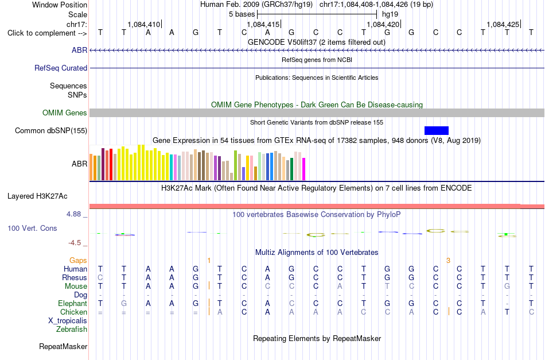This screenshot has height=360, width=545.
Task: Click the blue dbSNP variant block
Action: coord(437,130)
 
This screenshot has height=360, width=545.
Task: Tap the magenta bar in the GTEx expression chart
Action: coord(304,169)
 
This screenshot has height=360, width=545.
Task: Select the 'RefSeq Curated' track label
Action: coord(61,68)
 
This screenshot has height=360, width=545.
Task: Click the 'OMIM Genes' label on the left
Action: coord(65,113)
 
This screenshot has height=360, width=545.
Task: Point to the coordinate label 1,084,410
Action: coord(144,24)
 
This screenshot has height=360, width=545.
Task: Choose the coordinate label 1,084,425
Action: coord(503,24)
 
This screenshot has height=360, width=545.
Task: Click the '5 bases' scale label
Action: coord(242,14)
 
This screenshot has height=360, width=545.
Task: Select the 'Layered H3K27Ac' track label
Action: coord(37,196)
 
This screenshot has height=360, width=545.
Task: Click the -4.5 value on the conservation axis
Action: coord(75,243)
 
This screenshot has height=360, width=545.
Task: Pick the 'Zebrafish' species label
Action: coord(72,329)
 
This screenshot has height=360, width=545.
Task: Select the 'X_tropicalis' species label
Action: coord(68,321)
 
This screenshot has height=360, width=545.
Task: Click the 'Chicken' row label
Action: coord(73,312)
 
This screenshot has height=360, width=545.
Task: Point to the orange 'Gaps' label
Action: coord(78,260)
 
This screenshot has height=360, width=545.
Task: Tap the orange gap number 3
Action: coord(449,261)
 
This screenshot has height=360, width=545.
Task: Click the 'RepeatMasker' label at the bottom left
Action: coord(63,346)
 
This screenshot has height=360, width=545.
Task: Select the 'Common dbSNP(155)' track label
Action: coord(51,131)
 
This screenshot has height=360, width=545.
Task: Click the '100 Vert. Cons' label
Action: coord(32,228)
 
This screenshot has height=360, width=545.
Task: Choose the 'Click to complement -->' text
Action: coord(47,33)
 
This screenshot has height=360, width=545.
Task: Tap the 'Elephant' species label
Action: coord(73,303)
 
